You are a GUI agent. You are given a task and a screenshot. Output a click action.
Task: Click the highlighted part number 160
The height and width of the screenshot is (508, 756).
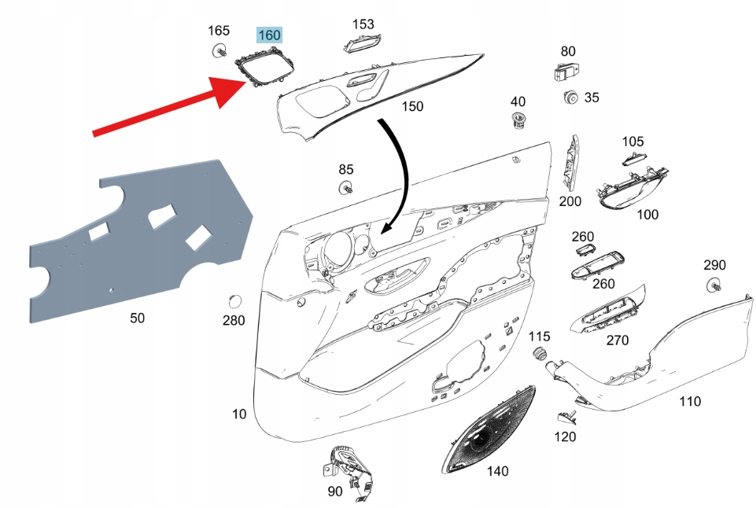point(269,35)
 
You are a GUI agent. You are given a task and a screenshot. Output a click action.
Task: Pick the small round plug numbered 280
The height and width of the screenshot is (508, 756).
point(233,302)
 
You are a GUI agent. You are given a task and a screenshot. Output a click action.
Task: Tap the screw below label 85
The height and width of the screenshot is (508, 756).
point(345,188)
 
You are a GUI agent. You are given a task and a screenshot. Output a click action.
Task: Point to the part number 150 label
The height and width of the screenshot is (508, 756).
point(412,106)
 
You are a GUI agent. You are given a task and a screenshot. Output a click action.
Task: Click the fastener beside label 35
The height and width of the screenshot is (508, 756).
point(570,98)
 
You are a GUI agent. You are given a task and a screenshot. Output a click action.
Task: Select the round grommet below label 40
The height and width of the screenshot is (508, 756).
point(518,120)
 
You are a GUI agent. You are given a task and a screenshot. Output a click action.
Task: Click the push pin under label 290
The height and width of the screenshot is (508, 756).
point(714,285)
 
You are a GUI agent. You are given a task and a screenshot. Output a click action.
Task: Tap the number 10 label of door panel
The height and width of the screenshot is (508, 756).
point(239,414)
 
